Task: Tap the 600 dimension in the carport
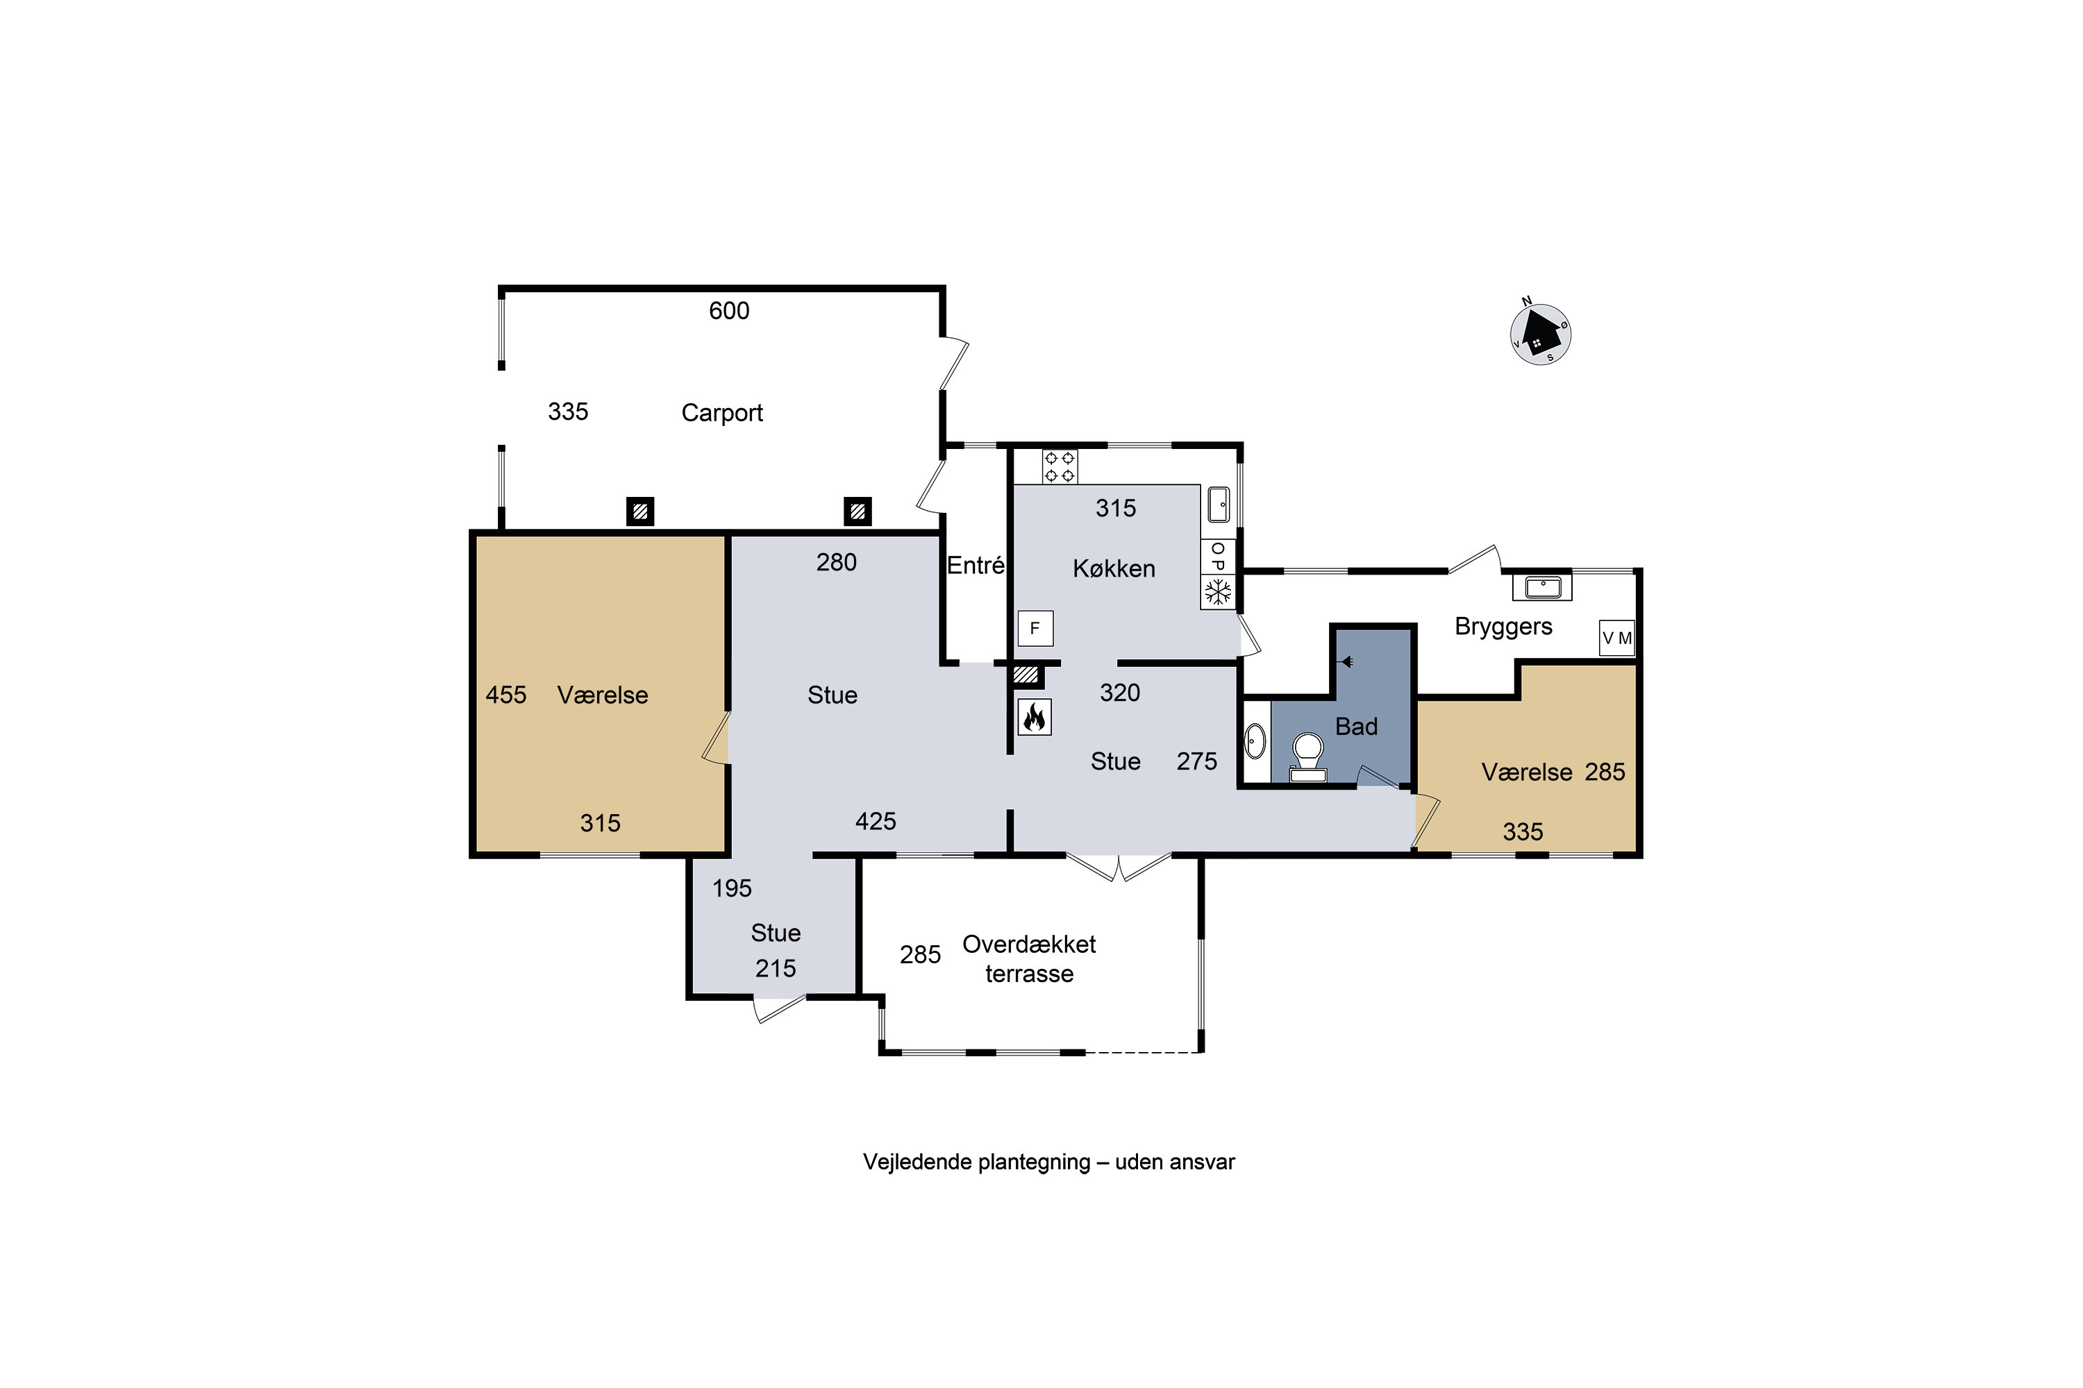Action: tap(729, 311)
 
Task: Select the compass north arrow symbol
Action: tap(1540, 333)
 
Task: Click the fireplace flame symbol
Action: tap(1034, 716)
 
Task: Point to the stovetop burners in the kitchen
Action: tap(1060, 466)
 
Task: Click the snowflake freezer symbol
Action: tap(1218, 591)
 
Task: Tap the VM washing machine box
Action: tap(1616, 637)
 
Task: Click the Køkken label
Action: tap(1114, 568)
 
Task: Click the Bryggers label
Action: tap(1503, 627)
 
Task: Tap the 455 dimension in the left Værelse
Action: tap(505, 695)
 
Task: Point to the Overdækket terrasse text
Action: tap(1029, 958)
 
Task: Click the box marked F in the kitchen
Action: tap(1035, 629)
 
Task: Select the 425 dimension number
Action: tap(876, 822)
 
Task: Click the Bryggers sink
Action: tap(1542, 586)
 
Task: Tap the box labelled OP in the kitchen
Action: tap(1218, 557)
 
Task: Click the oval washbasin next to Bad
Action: tap(1255, 741)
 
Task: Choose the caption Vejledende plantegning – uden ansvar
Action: tap(1048, 1162)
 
